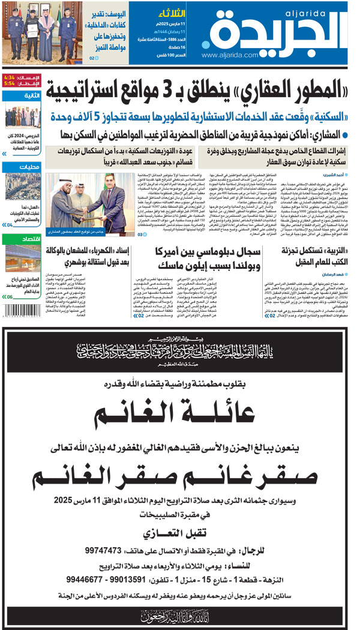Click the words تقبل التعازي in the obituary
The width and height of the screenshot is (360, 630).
179,533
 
